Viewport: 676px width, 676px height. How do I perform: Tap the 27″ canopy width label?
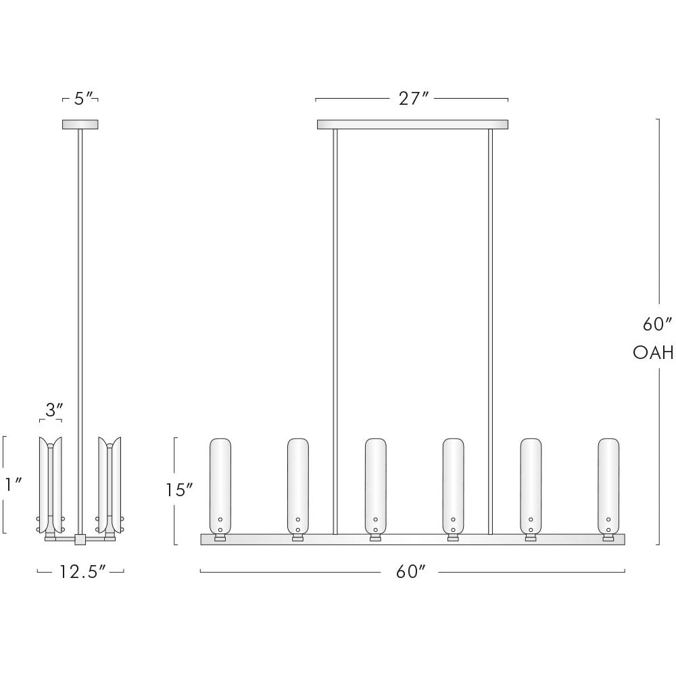pos(414,99)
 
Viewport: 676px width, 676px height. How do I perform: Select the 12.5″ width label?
pos(82,572)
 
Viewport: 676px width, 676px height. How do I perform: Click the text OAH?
pos(653,352)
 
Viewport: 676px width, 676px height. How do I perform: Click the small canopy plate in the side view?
pos(80,124)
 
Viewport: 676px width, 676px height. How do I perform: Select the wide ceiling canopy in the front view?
pos(412,124)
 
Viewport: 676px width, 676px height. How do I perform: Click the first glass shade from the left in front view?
pos(220,485)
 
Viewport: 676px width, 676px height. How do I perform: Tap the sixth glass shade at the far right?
pos(608,485)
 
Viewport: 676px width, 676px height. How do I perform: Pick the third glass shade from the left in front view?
pos(376,485)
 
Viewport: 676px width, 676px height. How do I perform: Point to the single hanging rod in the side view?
pos(80,304)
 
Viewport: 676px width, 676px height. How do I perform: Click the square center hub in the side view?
pos(80,539)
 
